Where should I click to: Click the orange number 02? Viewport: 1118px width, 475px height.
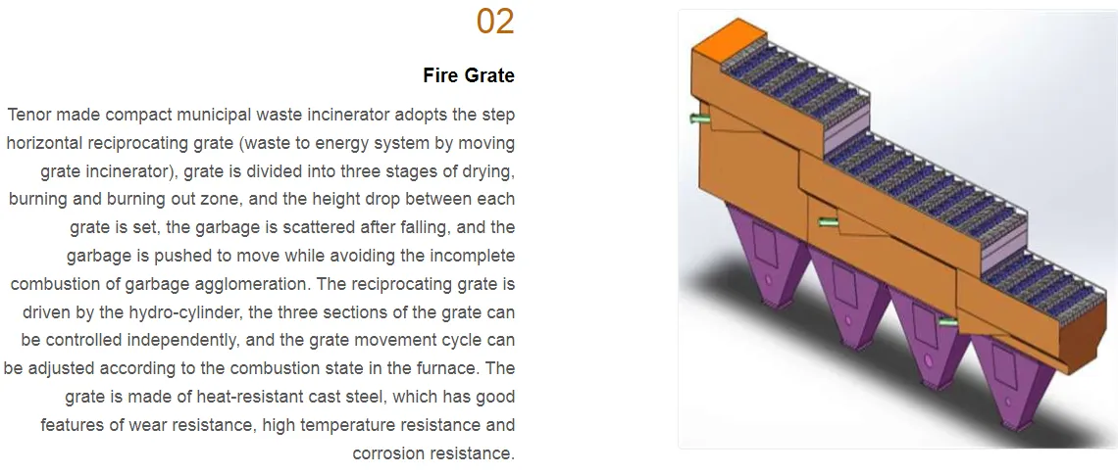click(x=495, y=22)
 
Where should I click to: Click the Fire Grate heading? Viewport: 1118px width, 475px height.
click(x=469, y=75)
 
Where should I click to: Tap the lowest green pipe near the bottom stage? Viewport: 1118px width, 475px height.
click(x=947, y=322)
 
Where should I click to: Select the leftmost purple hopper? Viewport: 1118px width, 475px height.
click(x=767, y=251)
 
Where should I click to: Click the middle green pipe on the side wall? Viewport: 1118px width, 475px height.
click(x=829, y=222)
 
